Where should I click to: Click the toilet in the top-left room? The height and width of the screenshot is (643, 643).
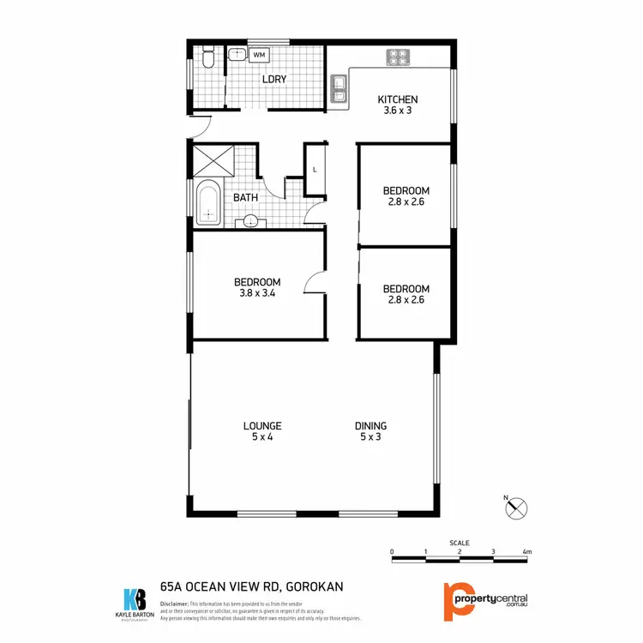pyautogui.click(x=207, y=57)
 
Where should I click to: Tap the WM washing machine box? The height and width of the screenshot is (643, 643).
pyautogui.click(x=258, y=55)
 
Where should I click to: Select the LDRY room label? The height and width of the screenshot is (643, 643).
pyautogui.click(x=274, y=80)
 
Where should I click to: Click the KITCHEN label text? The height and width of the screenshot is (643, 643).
pyautogui.click(x=398, y=99)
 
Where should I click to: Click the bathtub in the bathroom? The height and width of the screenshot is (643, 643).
pyautogui.click(x=207, y=204)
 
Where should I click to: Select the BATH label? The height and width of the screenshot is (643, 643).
pyautogui.click(x=246, y=198)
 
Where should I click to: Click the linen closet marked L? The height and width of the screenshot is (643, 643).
pyautogui.click(x=315, y=169)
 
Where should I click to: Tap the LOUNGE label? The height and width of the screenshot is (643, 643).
pyautogui.click(x=262, y=426)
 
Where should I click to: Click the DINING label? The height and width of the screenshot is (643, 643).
pyautogui.click(x=371, y=426)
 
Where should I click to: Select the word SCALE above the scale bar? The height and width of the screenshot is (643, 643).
pyautogui.click(x=459, y=542)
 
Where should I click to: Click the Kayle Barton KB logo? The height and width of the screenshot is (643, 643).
pyautogui.click(x=135, y=598)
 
